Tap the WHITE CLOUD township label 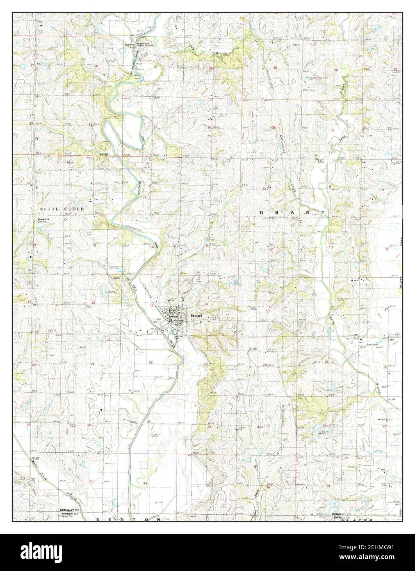(x=62, y=209)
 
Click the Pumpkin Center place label (x=44, y=220)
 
